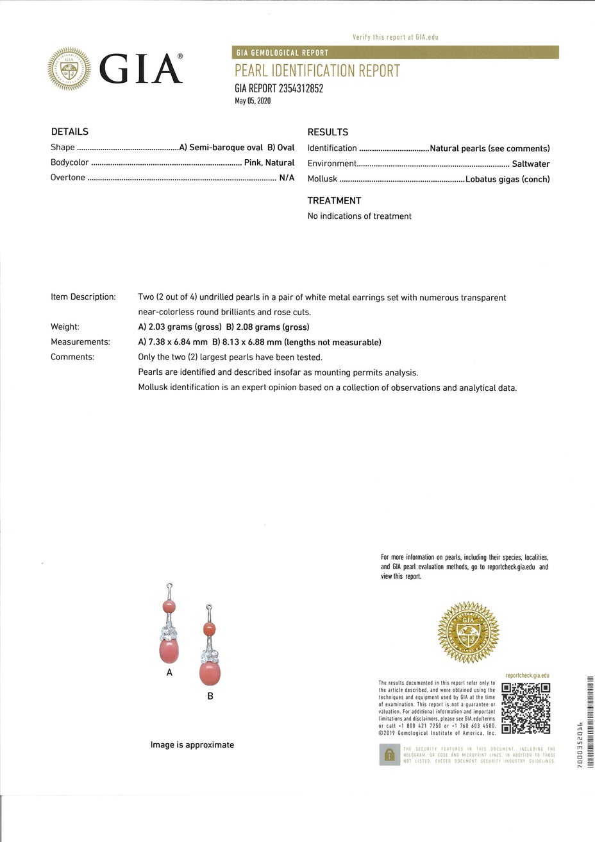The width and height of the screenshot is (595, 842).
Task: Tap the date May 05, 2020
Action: tap(253, 101)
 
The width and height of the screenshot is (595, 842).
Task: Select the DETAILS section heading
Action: tap(69, 132)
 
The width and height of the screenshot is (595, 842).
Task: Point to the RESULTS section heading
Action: tap(328, 132)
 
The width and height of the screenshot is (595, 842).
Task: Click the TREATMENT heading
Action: tap(334, 200)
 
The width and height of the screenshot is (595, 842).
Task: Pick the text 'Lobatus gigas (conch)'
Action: tap(507, 179)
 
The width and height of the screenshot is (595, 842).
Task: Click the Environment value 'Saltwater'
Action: tap(530, 164)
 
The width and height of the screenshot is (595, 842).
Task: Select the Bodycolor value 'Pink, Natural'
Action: tap(269, 162)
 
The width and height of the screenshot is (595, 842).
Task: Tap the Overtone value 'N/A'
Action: tap(287, 178)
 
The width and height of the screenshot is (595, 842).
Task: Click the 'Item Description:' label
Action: tap(83, 297)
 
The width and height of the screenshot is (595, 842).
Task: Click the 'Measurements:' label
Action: tap(80, 342)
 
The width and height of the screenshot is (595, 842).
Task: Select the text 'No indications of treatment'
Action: tap(359, 216)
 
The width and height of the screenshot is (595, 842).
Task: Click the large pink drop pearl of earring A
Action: tap(168, 650)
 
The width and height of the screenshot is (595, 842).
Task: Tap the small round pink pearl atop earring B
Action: tap(209, 629)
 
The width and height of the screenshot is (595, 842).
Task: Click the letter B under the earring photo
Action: tap(210, 696)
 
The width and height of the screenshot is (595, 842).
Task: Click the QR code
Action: tap(526, 708)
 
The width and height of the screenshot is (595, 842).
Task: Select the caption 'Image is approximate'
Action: tap(192, 745)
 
